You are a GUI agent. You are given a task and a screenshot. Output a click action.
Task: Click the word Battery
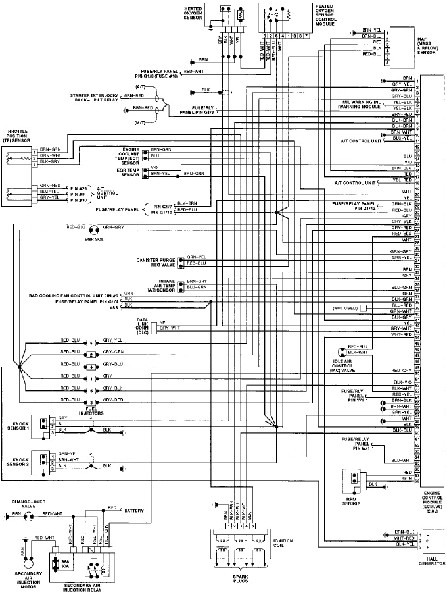click(135, 510)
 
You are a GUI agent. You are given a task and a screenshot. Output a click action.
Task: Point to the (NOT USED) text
click(345, 307)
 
